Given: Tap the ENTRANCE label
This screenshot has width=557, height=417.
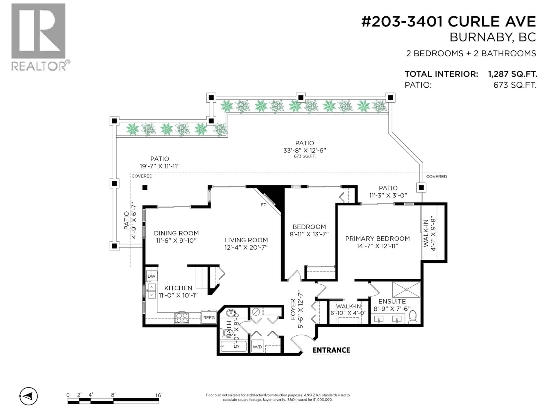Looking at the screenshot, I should [x=331, y=350].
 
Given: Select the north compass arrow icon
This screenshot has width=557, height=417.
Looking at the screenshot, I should [x=29, y=396].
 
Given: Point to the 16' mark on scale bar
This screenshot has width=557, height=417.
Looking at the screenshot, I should [x=158, y=395].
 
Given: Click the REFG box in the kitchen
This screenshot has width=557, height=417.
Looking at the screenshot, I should [x=209, y=318].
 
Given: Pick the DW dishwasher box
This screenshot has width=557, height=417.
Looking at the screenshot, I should [x=152, y=276].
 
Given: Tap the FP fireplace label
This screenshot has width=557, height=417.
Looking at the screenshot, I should [x=263, y=205].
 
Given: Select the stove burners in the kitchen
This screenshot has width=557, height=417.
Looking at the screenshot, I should [x=182, y=318].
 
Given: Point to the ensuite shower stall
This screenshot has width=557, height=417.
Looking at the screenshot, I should [x=406, y=290].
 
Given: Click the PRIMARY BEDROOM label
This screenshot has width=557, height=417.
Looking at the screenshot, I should [x=377, y=238].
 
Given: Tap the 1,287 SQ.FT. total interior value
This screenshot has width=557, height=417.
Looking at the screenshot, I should [x=512, y=74].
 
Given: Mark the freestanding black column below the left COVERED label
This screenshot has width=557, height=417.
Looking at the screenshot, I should [x=145, y=188].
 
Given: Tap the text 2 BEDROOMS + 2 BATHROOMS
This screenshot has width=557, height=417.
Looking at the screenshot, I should [x=471, y=54].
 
